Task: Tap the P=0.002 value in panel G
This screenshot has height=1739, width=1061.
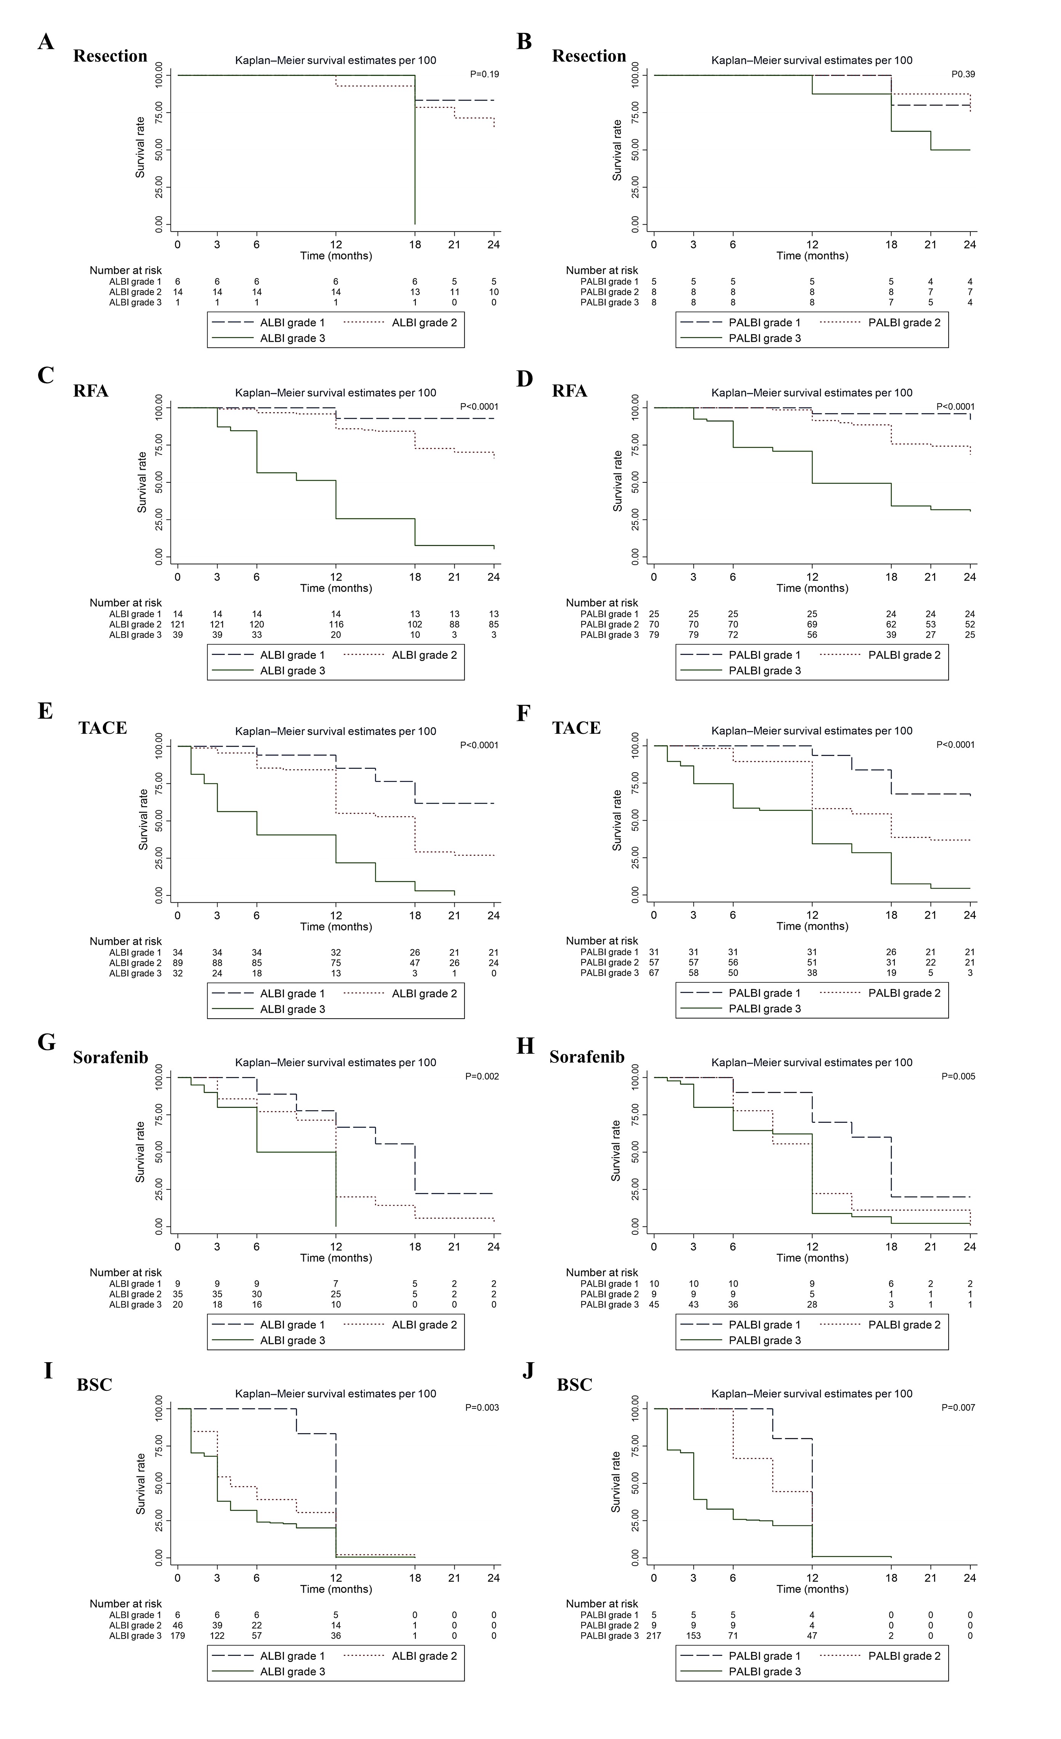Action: coord(482,1076)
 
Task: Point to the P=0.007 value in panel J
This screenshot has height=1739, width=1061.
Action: coord(958,1407)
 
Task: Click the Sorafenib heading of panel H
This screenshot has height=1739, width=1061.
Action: coord(587,1057)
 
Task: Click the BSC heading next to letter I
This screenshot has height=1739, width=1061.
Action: coord(95,1385)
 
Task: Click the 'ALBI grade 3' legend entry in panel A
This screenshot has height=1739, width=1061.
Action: coord(292,338)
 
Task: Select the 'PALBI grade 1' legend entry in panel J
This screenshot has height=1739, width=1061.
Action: coord(764,1656)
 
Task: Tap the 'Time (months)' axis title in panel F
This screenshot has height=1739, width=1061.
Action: coord(812,926)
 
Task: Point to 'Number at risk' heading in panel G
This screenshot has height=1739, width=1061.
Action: coord(125,1273)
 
